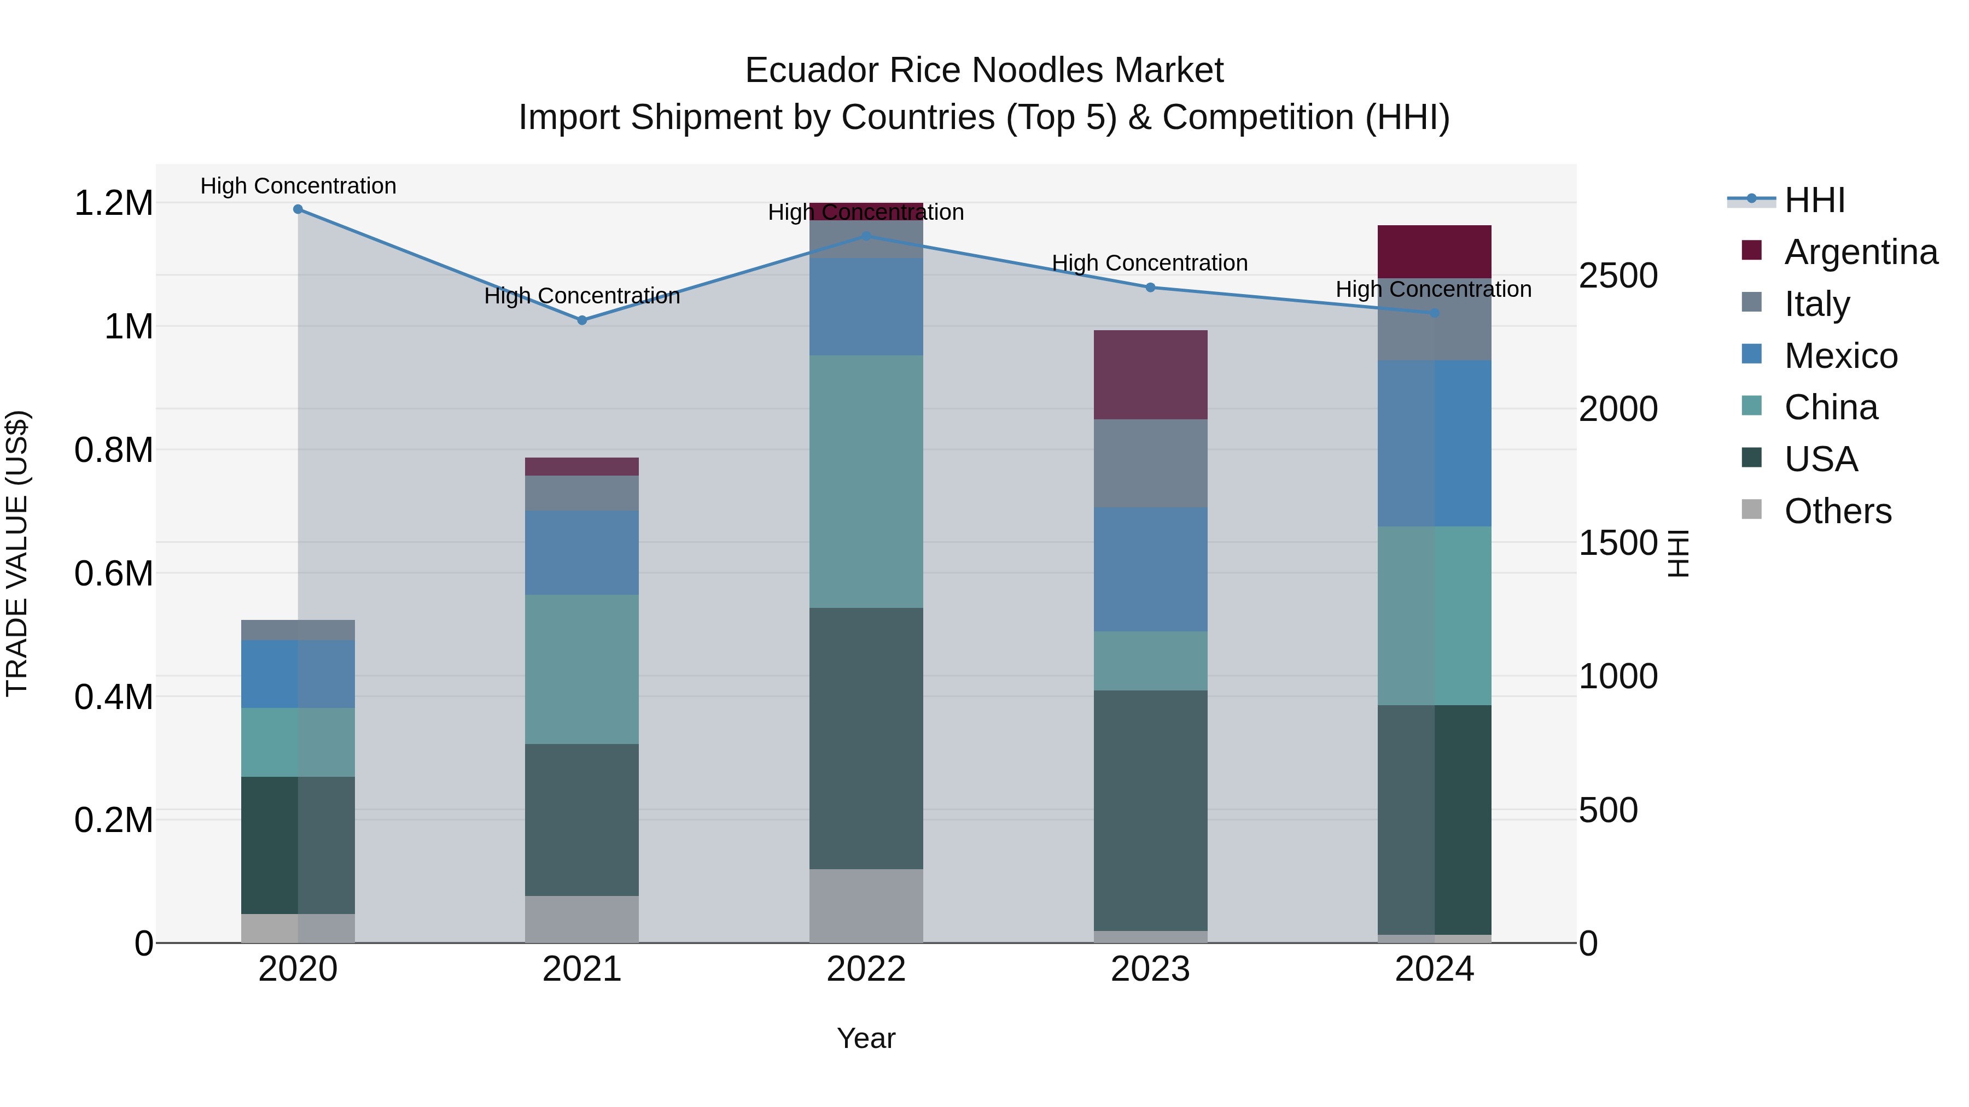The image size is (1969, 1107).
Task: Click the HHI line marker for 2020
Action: pos(298,209)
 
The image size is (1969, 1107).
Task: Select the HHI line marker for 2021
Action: pos(582,321)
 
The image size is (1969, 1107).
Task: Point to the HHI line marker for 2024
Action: pos(1435,313)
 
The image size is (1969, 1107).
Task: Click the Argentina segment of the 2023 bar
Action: pos(1150,374)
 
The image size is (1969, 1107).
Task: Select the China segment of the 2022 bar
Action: pos(866,481)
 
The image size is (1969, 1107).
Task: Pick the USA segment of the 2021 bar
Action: pos(582,820)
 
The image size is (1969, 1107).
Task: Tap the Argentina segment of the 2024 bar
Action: pos(1435,251)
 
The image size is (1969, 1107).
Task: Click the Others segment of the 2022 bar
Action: pos(866,905)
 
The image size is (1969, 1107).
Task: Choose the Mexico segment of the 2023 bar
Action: pos(1150,569)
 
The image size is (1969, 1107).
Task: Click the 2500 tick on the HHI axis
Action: pos(1618,276)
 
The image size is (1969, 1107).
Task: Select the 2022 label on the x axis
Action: pos(866,969)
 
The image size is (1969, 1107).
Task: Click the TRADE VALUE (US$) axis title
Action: pos(18,553)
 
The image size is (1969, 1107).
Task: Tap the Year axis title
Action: pos(866,1038)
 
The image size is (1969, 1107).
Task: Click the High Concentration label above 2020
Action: pos(298,186)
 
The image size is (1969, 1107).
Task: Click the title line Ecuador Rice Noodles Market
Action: pos(984,71)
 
